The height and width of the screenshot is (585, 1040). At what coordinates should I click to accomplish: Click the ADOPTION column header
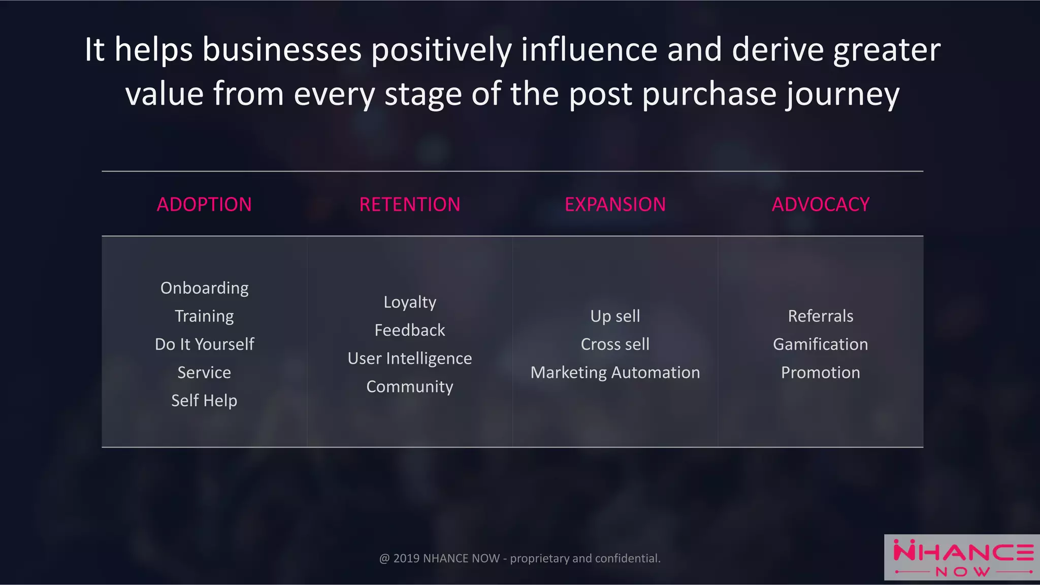pyautogui.click(x=204, y=205)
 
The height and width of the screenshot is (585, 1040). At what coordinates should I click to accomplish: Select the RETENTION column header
pyautogui.click(x=410, y=205)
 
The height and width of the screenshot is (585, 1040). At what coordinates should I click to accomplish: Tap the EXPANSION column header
pyautogui.click(x=615, y=205)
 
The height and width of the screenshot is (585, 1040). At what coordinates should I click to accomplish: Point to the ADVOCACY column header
pyautogui.click(x=821, y=205)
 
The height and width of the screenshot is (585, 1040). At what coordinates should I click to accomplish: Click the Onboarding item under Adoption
pyautogui.click(x=204, y=288)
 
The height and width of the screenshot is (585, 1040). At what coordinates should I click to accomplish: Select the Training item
pyautogui.click(x=204, y=316)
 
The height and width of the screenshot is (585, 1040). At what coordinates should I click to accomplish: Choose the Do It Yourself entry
pyautogui.click(x=204, y=344)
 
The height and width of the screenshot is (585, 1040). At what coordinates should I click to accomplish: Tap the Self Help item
pyautogui.click(x=204, y=401)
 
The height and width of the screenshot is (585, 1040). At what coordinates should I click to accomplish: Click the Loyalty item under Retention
pyautogui.click(x=410, y=302)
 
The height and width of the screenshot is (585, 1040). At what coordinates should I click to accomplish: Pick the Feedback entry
pyautogui.click(x=410, y=330)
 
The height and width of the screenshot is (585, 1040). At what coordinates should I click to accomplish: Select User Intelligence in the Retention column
pyautogui.click(x=410, y=359)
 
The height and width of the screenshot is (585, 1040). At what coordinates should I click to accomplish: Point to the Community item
pyautogui.click(x=410, y=386)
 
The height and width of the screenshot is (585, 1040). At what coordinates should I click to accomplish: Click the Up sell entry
pyautogui.click(x=615, y=316)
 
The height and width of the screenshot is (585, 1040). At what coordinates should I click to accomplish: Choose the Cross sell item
pyautogui.click(x=615, y=344)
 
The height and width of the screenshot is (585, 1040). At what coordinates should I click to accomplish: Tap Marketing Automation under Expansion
pyautogui.click(x=615, y=372)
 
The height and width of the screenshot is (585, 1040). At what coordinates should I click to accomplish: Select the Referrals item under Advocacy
pyautogui.click(x=821, y=316)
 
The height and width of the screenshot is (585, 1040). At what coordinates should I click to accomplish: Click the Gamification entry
pyautogui.click(x=821, y=344)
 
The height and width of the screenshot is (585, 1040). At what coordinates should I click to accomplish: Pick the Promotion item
pyautogui.click(x=821, y=372)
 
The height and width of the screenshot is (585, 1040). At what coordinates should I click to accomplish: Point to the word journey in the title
pyautogui.click(x=843, y=95)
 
